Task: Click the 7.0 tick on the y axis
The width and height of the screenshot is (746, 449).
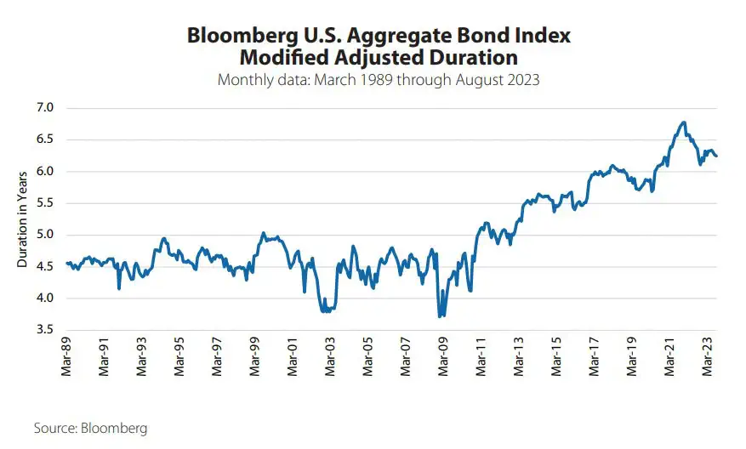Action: pyautogui.click(x=44, y=108)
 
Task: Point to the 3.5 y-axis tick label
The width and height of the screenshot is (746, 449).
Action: pyautogui.click(x=44, y=330)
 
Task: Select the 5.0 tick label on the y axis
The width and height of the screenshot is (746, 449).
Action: pyautogui.click(x=44, y=235)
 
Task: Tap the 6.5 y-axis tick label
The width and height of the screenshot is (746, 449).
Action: pyautogui.click(x=44, y=139)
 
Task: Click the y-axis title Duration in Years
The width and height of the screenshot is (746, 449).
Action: pyautogui.click(x=23, y=219)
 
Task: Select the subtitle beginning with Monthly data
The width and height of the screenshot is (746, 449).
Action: pyautogui.click(x=379, y=81)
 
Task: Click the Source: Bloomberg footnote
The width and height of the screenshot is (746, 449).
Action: pyautogui.click(x=90, y=428)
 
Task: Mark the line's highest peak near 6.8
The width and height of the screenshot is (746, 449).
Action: pyautogui.click(x=683, y=122)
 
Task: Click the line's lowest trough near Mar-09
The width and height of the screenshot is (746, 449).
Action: pyautogui.click(x=440, y=316)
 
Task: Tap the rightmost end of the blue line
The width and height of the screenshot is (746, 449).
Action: pyautogui.click(x=716, y=156)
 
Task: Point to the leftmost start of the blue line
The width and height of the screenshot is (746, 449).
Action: pyautogui.click(x=67, y=263)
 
